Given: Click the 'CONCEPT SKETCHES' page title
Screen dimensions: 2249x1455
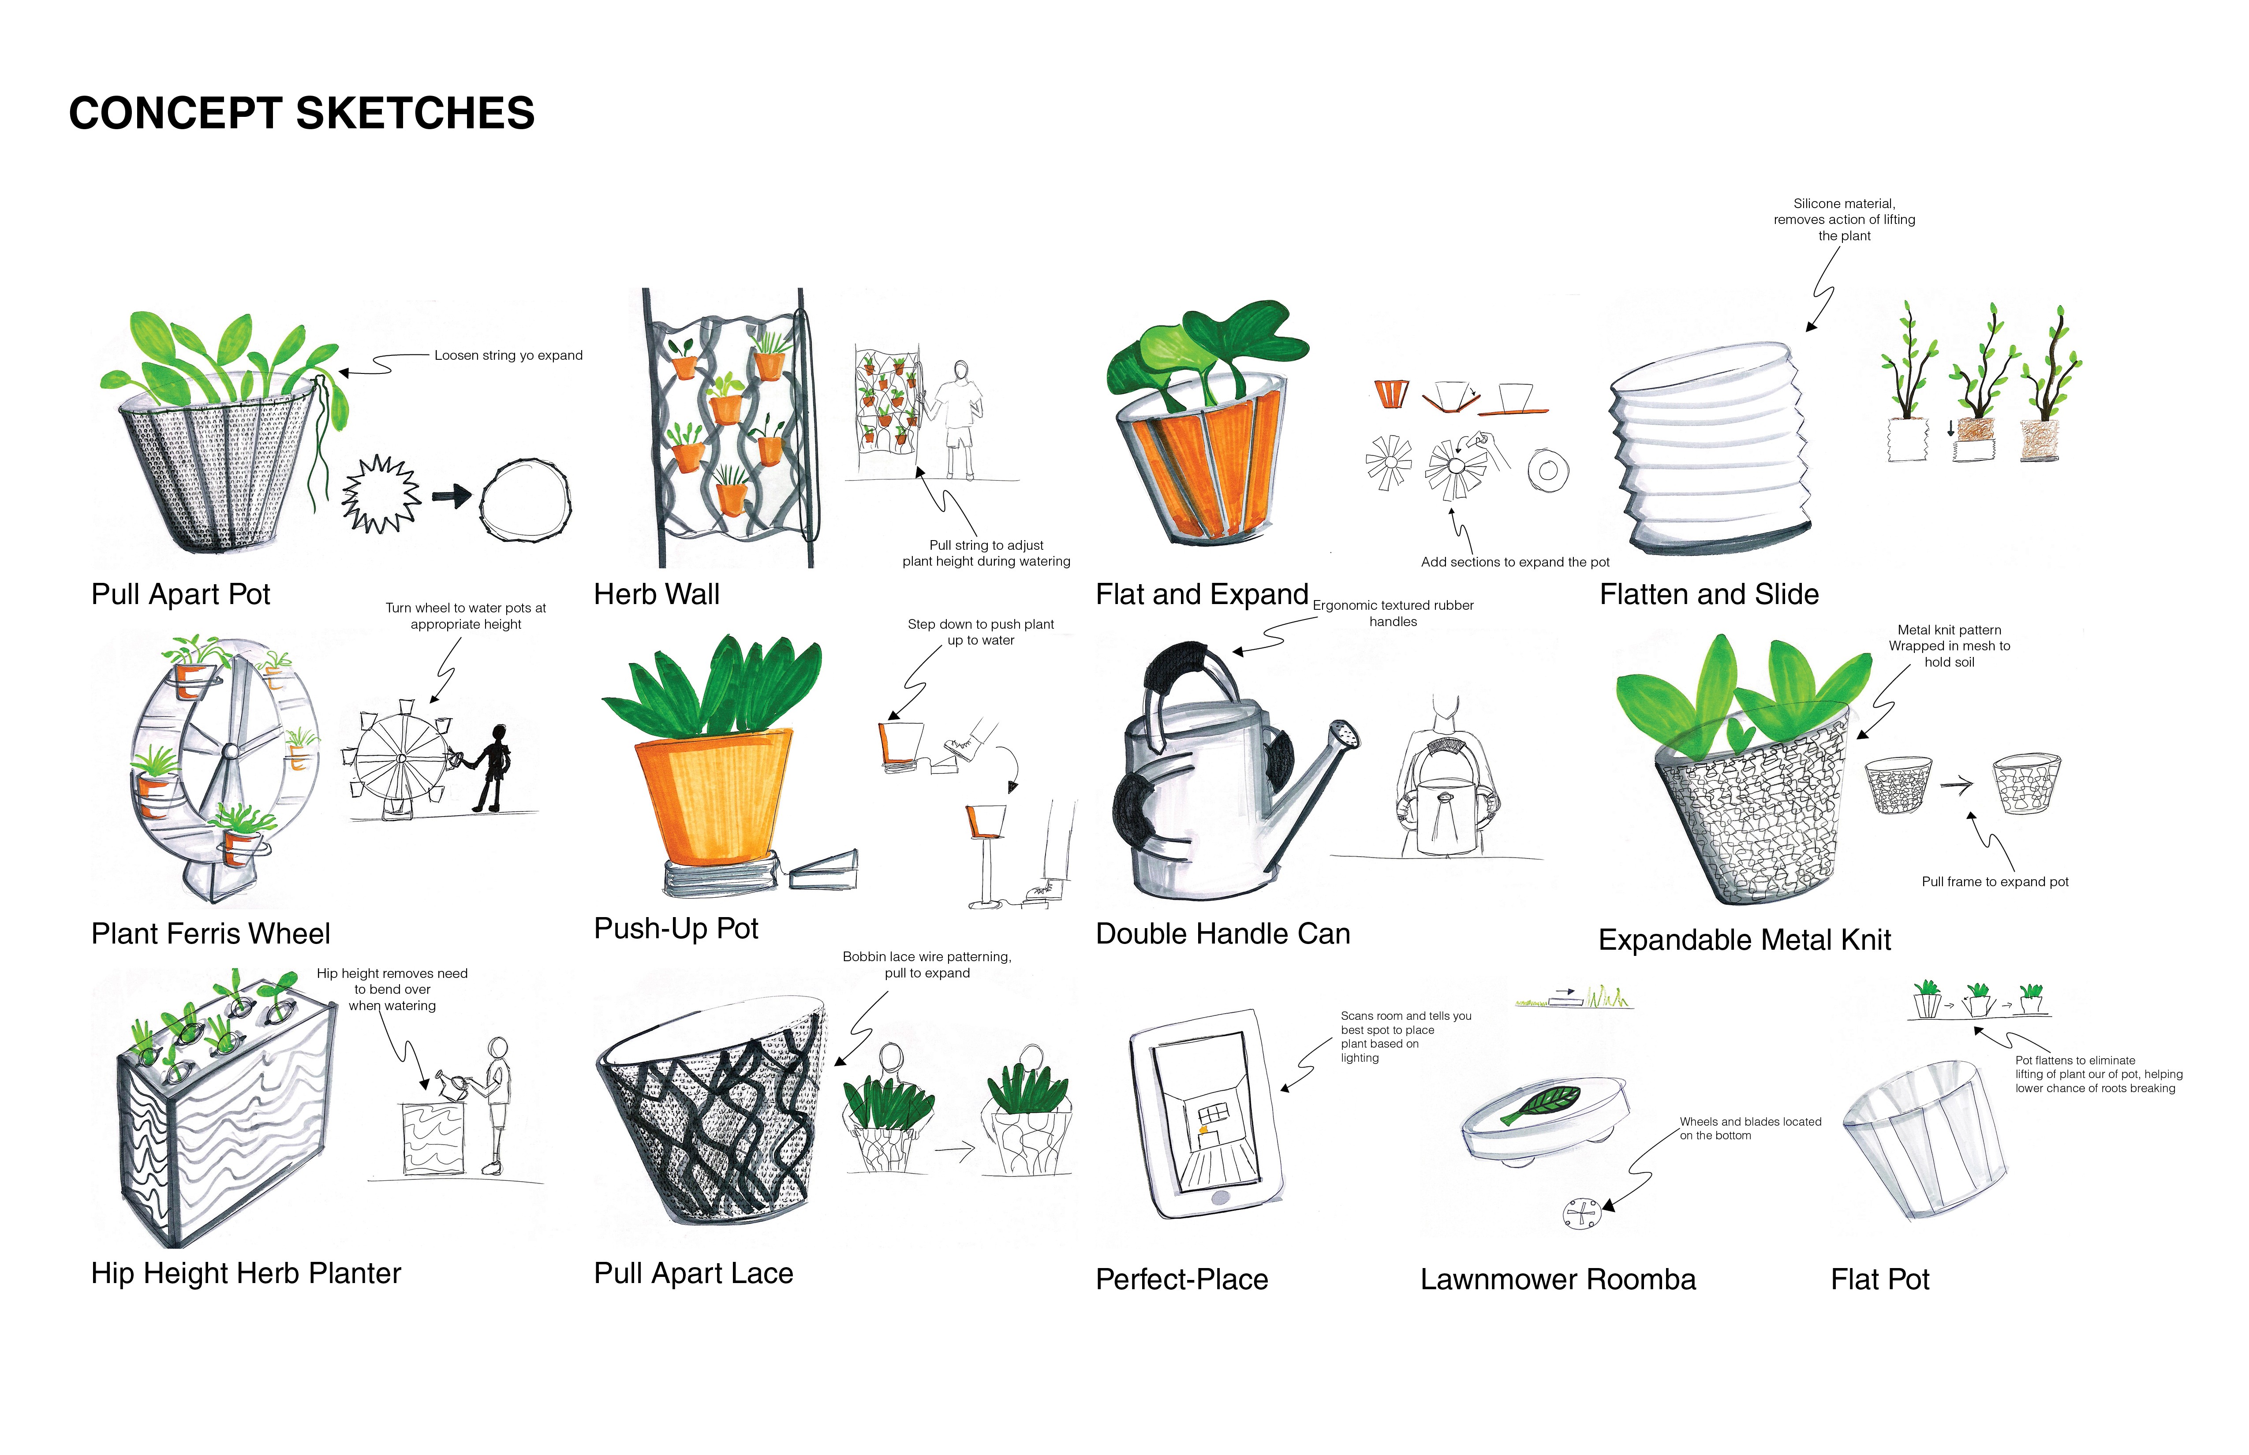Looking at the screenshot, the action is [x=302, y=113].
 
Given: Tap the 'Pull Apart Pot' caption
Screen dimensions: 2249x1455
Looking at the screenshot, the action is [x=180, y=594].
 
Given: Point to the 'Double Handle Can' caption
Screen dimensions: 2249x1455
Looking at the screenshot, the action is [x=1223, y=933].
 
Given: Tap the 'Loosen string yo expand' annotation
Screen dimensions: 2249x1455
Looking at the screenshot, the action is [x=508, y=355].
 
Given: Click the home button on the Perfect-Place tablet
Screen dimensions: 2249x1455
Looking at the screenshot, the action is [x=1220, y=1197].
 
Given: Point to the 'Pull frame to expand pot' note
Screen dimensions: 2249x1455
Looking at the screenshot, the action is [x=1995, y=881].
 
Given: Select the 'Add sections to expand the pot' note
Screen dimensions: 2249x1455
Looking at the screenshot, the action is [x=1515, y=562].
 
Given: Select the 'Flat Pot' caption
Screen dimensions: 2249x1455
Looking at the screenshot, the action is [x=1879, y=1279].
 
